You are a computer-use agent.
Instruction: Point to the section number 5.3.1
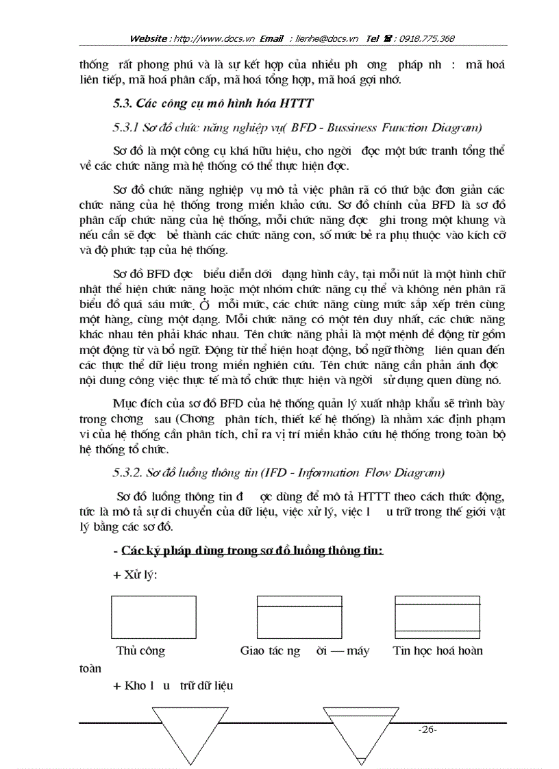pyautogui.click(x=125, y=127)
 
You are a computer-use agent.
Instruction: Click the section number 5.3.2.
pyautogui.click(x=127, y=472)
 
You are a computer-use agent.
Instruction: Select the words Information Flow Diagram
pyautogui.click(x=377, y=472)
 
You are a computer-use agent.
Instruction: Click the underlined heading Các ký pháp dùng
pyautogui.click(x=252, y=551)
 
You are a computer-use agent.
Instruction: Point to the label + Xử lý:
pyautogui.click(x=135, y=575)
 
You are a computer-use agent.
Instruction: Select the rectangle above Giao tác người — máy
pyautogui.click(x=299, y=617)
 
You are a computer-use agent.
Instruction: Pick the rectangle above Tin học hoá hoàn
pyautogui.click(x=436, y=617)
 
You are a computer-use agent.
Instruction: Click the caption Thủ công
pyautogui.click(x=140, y=651)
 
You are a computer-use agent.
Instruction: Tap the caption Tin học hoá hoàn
pyautogui.click(x=438, y=651)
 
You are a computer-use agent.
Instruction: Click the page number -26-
pyautogui.click(x=427, y=729)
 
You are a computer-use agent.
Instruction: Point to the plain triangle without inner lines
pyautogui.click(x=186, y=731)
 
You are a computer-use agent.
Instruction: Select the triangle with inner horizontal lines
pyautogui.click(x=360, y=731)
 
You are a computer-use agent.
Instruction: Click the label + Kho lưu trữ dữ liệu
pyautogui.click(x=175, y=686)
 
